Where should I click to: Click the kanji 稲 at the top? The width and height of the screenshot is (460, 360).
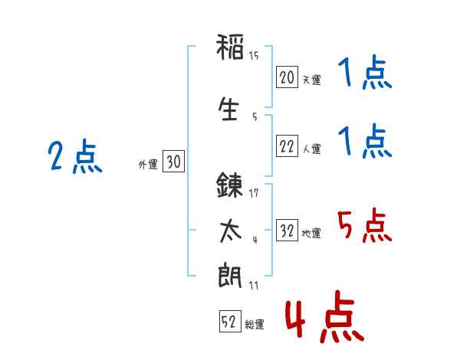(x=230, y=47)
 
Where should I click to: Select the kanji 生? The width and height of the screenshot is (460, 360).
(x=228, y=109)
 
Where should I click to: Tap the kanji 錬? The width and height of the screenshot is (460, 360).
(x=229, y=185)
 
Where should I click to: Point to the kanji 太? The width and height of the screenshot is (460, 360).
(x=230, y=231)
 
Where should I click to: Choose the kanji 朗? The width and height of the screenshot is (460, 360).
(x=230, y=276)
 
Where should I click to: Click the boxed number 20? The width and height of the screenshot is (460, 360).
(x=287, y=77)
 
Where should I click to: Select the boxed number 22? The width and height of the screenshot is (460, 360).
(x=287, y=146)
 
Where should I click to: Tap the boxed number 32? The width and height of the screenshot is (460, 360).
(x=287, y=230)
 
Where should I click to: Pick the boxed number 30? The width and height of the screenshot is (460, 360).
(x=173, y=162)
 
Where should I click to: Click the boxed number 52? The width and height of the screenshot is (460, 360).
(x=230, y=321)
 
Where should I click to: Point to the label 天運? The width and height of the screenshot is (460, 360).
(x=311, y=80)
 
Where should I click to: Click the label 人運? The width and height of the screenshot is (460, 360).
(x=311, y=149)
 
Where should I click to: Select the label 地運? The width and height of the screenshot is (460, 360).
(x=311, y=233)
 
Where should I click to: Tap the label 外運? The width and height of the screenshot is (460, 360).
(x=148, y=165)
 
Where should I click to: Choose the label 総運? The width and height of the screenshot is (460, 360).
(x=255, y=324)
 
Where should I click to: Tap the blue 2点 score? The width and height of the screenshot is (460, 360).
(x=75, y=156)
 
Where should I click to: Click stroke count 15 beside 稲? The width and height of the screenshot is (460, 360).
(x=254, y=56)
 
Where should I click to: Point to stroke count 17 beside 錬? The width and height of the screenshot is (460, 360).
(x=254, y=193)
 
